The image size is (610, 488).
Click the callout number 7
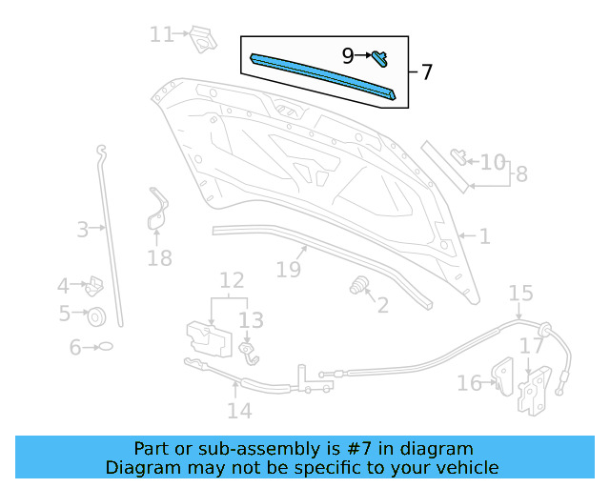pyautogui.click(x=426, y=72)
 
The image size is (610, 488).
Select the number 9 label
pyautogui.click(x=349, y=56)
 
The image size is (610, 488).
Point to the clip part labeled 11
pyautogui.click(x=200, y=37)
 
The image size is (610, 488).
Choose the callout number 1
pyautogui.click(x=484, y=235)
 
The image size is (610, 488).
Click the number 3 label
pyautogui.click(x=83, y=229)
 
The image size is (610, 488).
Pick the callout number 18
pyautogui.click(x=159, y=257)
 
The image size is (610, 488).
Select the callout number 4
pyautogui.click(x=63, y=285)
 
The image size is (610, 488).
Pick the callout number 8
pyautogui.click(x=520, y=175)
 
